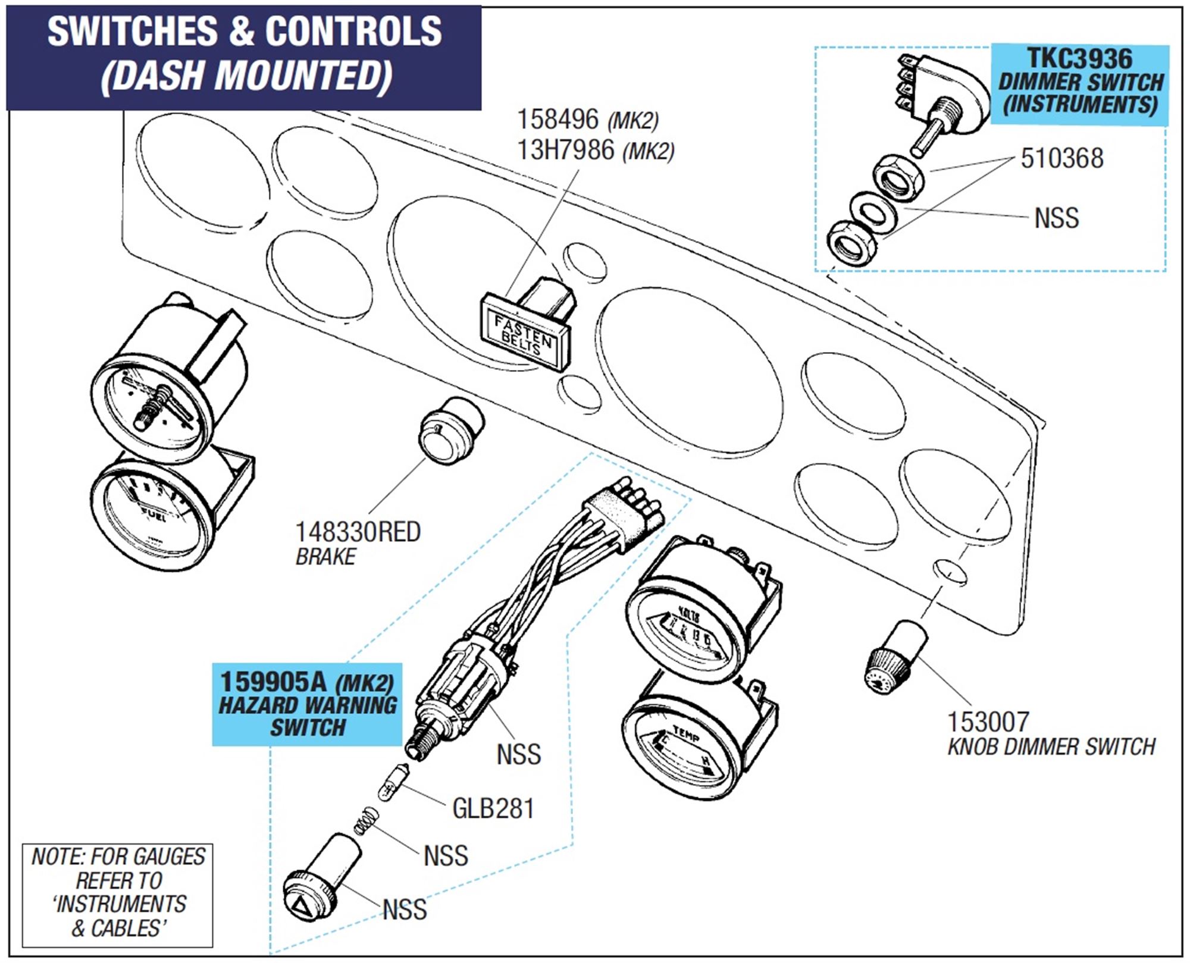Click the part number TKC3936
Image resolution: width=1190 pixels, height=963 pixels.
(x=1079, y=59)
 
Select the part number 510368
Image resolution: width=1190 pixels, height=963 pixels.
(x=1061, y=159)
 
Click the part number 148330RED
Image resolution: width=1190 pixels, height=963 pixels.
(x=358, y=532)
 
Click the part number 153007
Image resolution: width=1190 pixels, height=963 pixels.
(x=988, y=722)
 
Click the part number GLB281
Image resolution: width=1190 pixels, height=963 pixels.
(x=493, y=808)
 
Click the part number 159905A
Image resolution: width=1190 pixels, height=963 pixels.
(x=273, y=682)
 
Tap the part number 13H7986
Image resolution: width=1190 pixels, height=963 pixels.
(x=565, y=150)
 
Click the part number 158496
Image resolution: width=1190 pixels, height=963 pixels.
(x=558, y=120)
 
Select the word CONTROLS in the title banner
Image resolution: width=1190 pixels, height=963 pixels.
(x=353, y=31)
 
